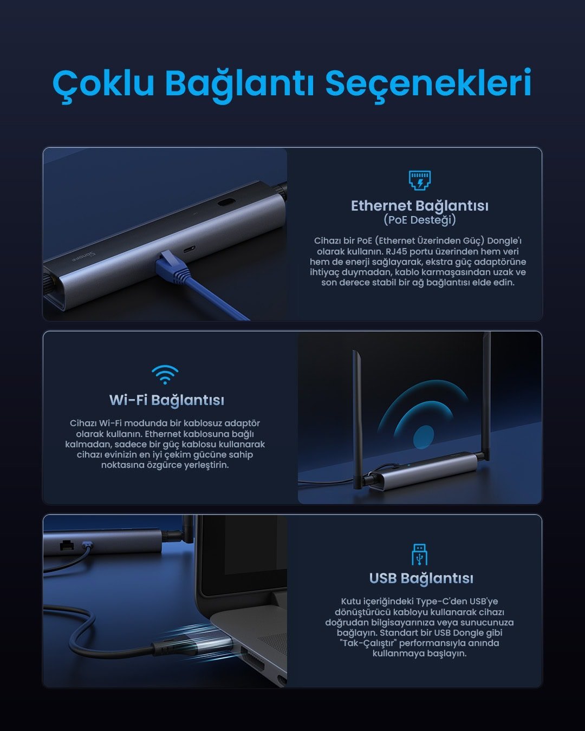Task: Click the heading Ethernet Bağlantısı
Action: (x=419, y=206)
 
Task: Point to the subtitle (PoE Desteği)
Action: (x=419, y=220)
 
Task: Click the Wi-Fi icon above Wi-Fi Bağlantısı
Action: (x=165, y=374)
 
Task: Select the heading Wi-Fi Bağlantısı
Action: (x=166, y=400)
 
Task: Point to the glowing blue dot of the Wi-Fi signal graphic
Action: (x=423, y=436)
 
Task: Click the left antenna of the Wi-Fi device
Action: (x=357, y=417)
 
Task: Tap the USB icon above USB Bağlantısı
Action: (x=419, y=554)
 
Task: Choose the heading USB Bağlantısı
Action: (x=421, y=578)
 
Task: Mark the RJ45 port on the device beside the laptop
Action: (x=67, y=545)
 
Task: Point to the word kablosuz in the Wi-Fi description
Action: (x=203, y=423)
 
